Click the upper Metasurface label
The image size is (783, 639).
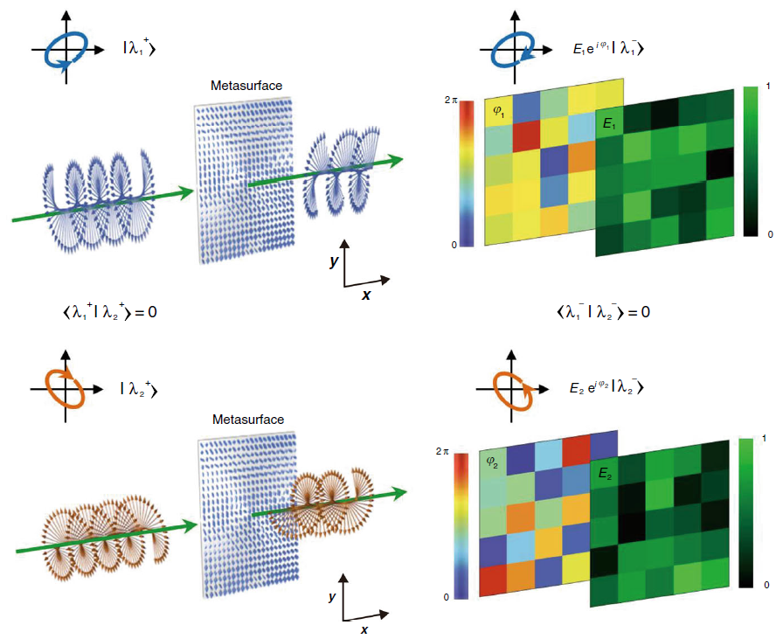point(241,86)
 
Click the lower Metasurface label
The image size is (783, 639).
point(248,420)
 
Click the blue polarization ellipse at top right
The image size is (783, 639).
point(511,50)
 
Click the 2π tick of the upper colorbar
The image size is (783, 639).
point(450,101)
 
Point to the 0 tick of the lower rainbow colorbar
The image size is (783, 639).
point(447,596)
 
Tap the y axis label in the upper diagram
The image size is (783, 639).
point(335,260)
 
